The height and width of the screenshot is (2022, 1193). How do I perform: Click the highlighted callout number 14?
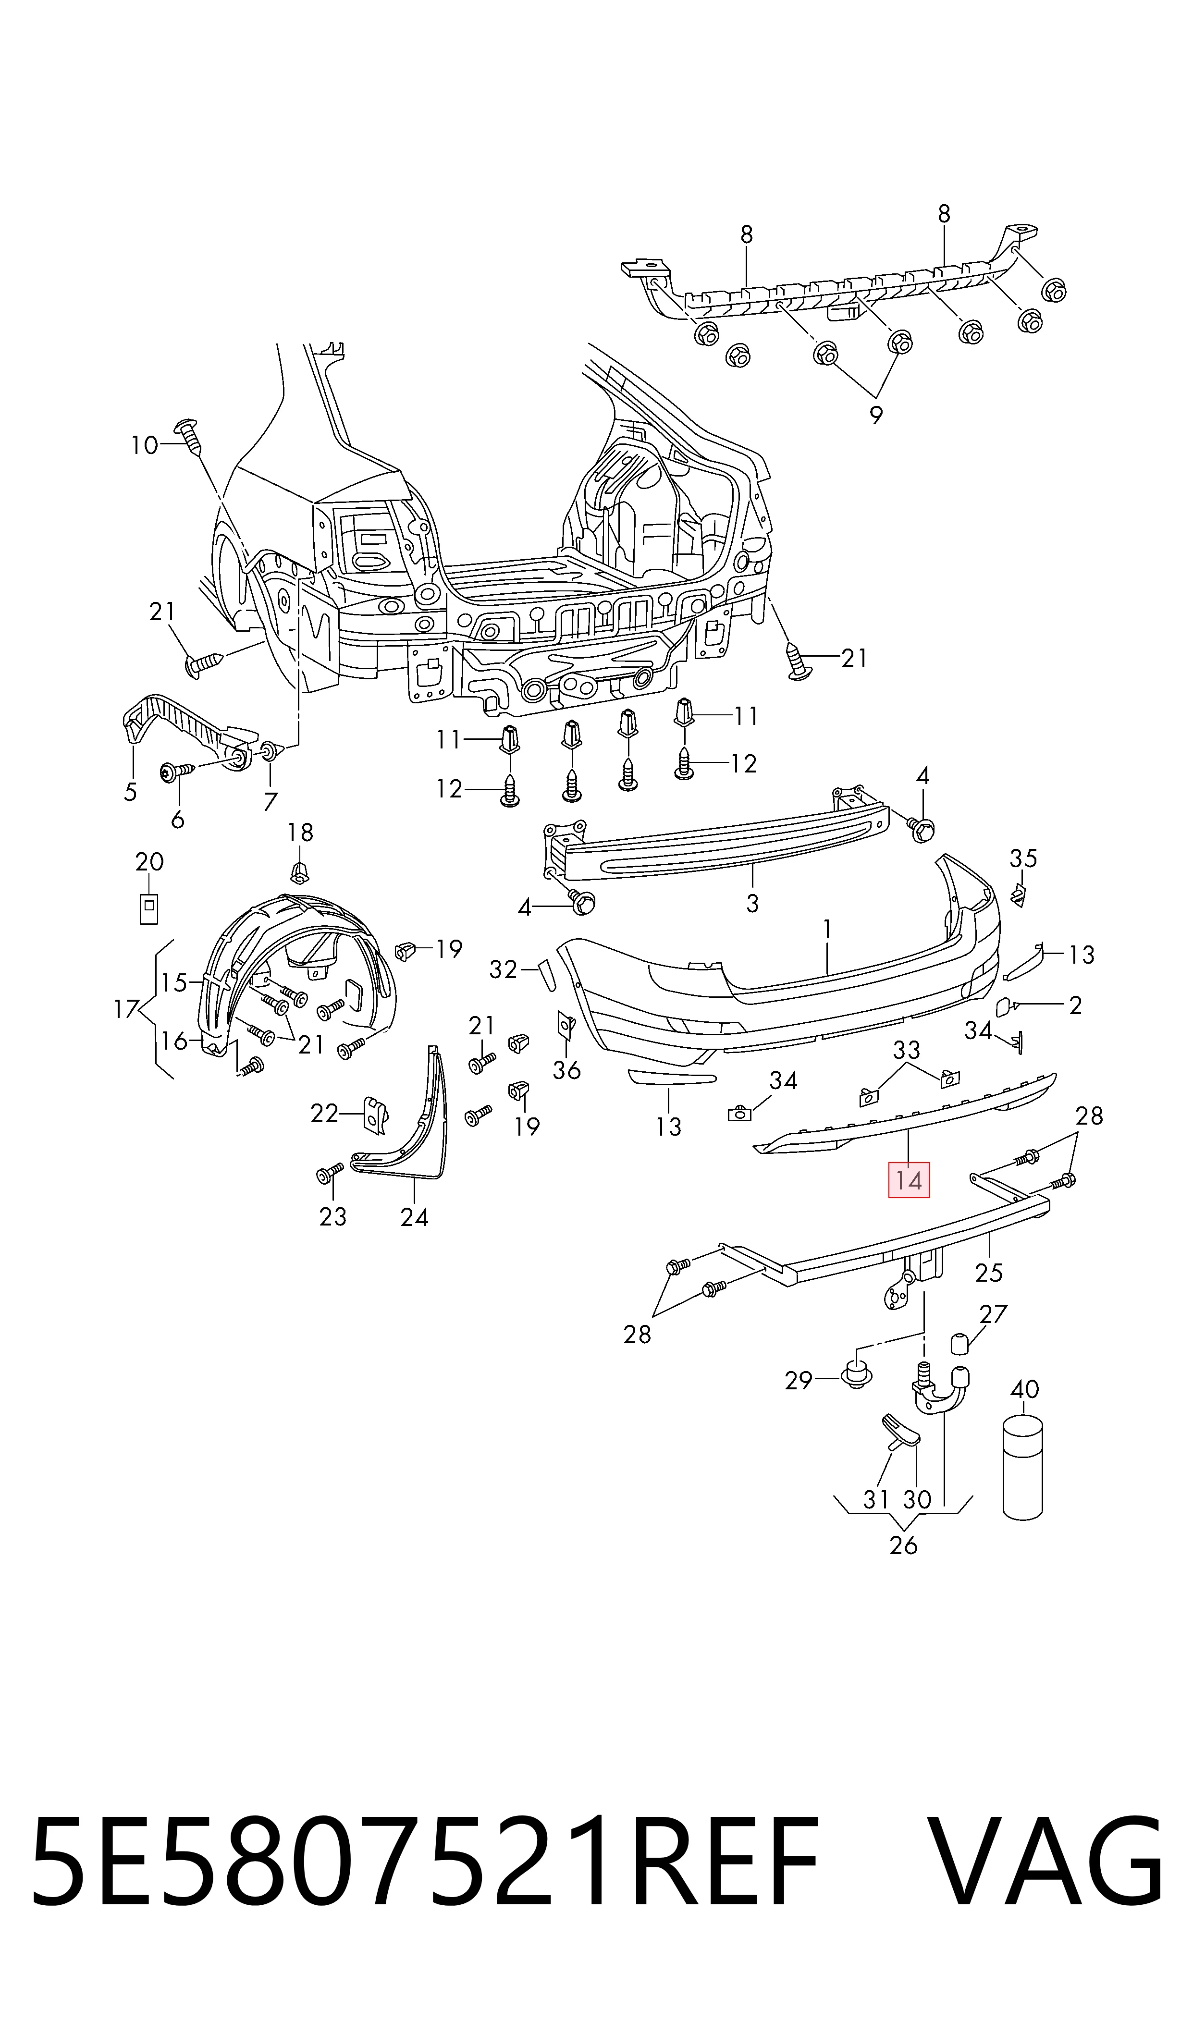(909, 1180)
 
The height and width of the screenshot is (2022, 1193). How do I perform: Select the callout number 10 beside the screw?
(145, 445)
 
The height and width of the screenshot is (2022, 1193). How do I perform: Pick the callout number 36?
(567, 1070)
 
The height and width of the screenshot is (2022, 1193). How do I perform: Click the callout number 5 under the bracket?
(130, 792)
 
